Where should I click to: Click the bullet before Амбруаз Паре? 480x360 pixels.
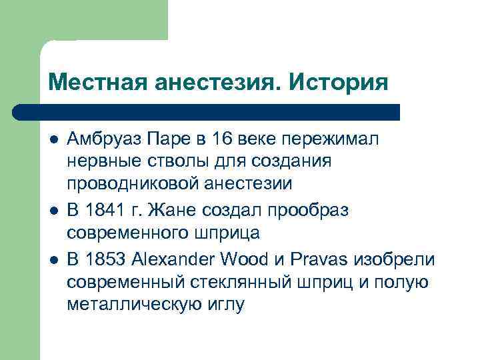53,140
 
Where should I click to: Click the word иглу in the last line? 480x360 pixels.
223,305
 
